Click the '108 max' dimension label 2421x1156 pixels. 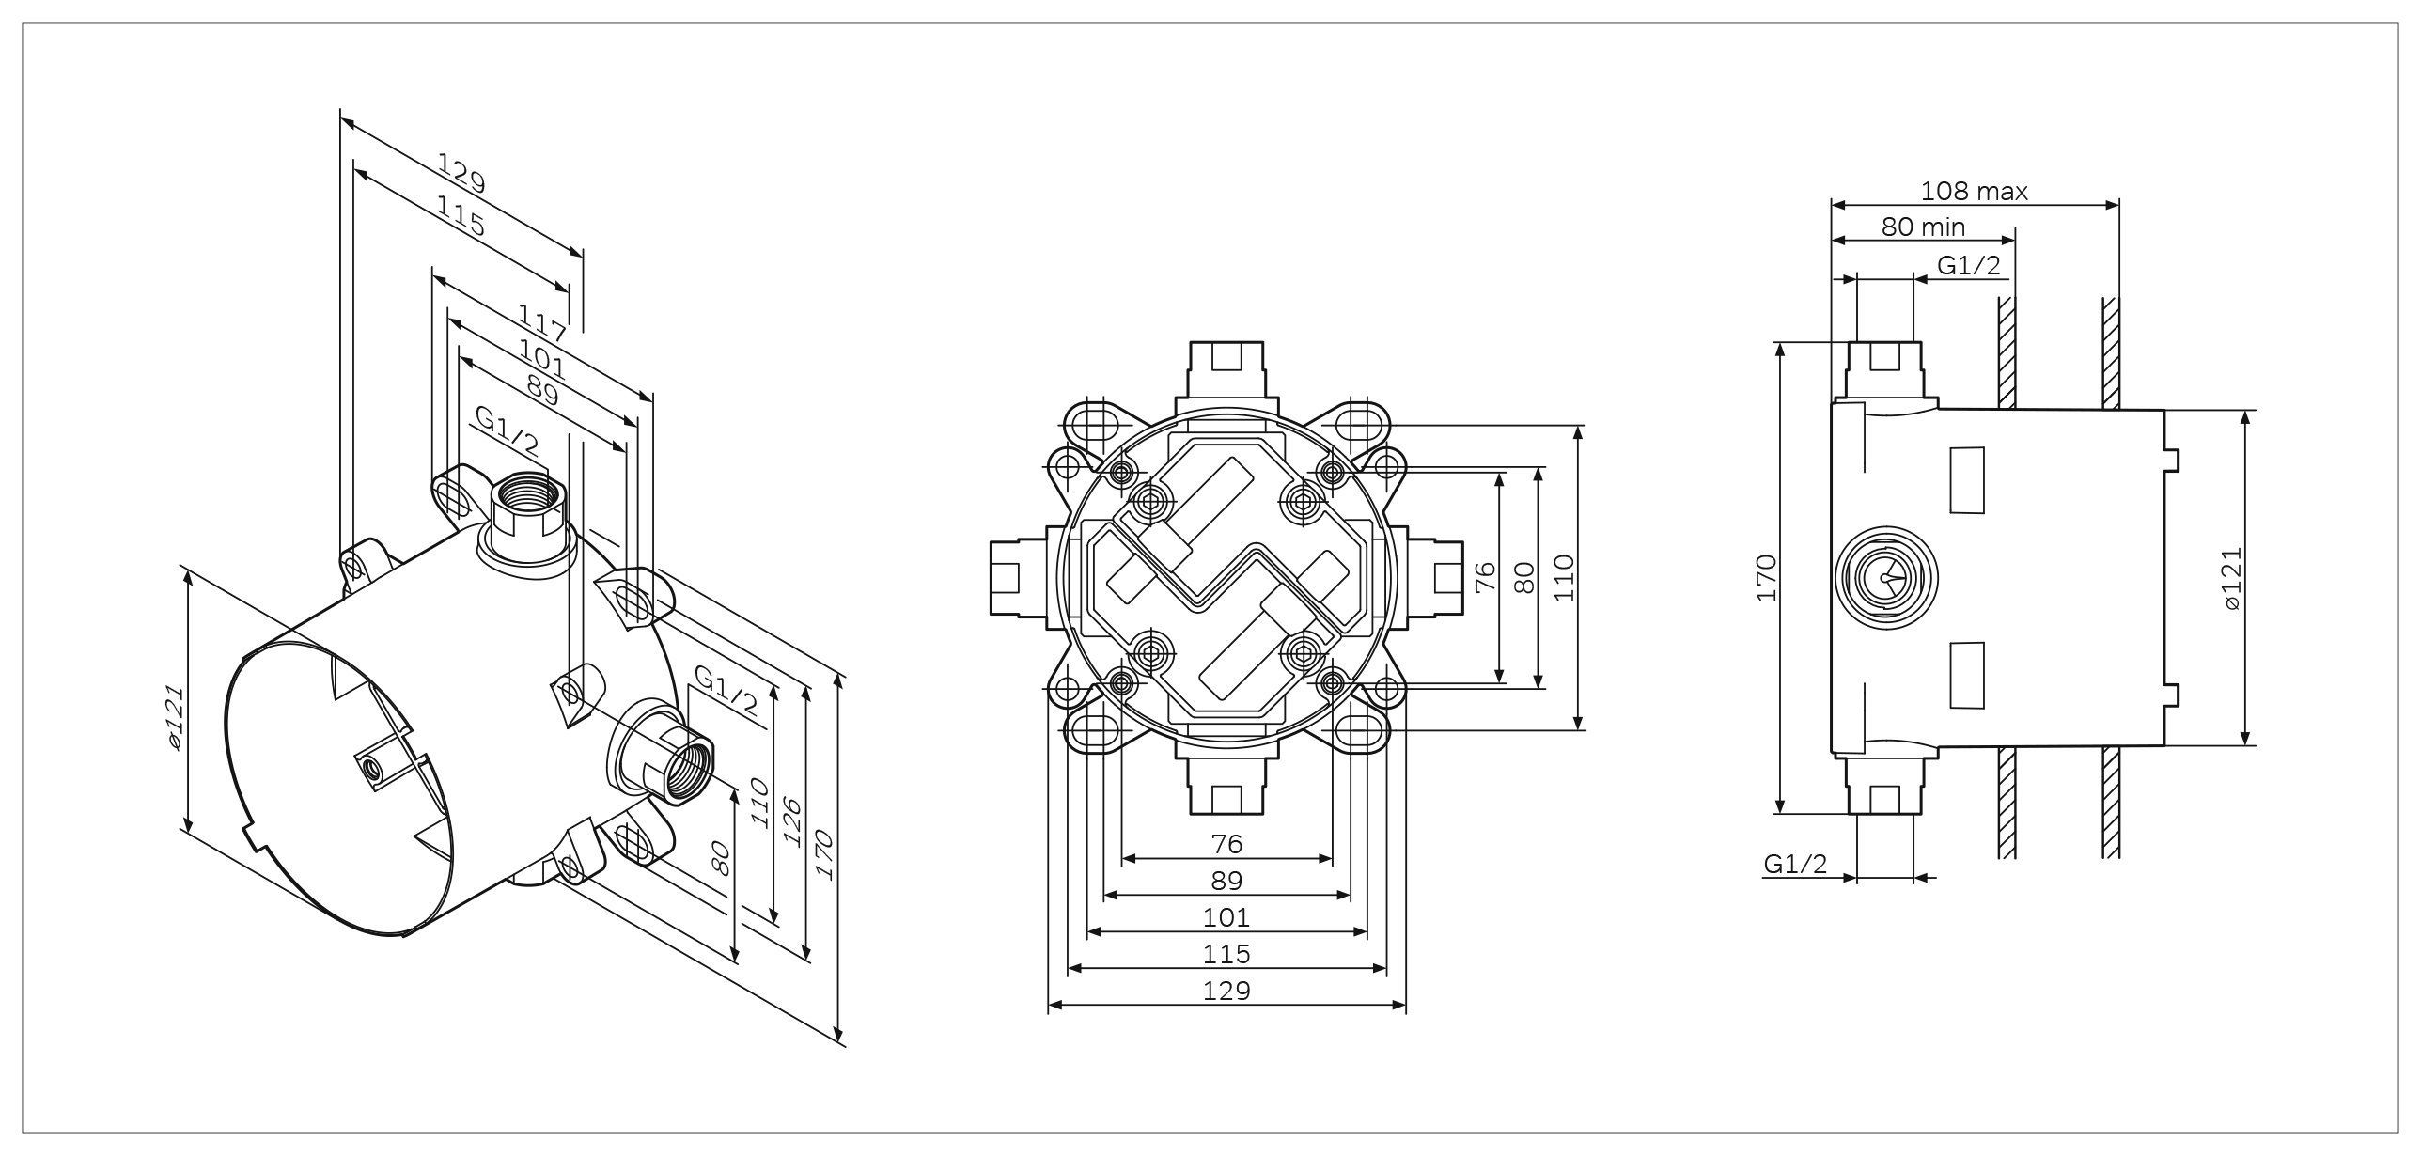pyautogui.click(x=1973, y=192)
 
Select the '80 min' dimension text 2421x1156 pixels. pyautogui.click(x=1923, y=227)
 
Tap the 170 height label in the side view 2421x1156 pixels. pyautogui.click(x=1766, y=578)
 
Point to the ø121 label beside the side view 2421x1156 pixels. pyautogui.click(x=2234, y=578)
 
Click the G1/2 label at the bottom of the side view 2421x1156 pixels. pyautogui.click(x=1795, y=864)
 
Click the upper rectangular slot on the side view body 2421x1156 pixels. pyautogui.click(x=1968, y=479)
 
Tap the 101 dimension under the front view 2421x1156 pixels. pyautogui.click(x=1226, y=916)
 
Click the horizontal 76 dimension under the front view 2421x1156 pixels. pyautogui.click(x=1226, y=844)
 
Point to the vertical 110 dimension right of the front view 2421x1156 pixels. pyautogui.click(x=1563, y=578)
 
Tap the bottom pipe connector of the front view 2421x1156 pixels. pyautogui.click(x=1227, y=786)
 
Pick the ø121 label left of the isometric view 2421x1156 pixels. pyautogui.click(x=174, y=717)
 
